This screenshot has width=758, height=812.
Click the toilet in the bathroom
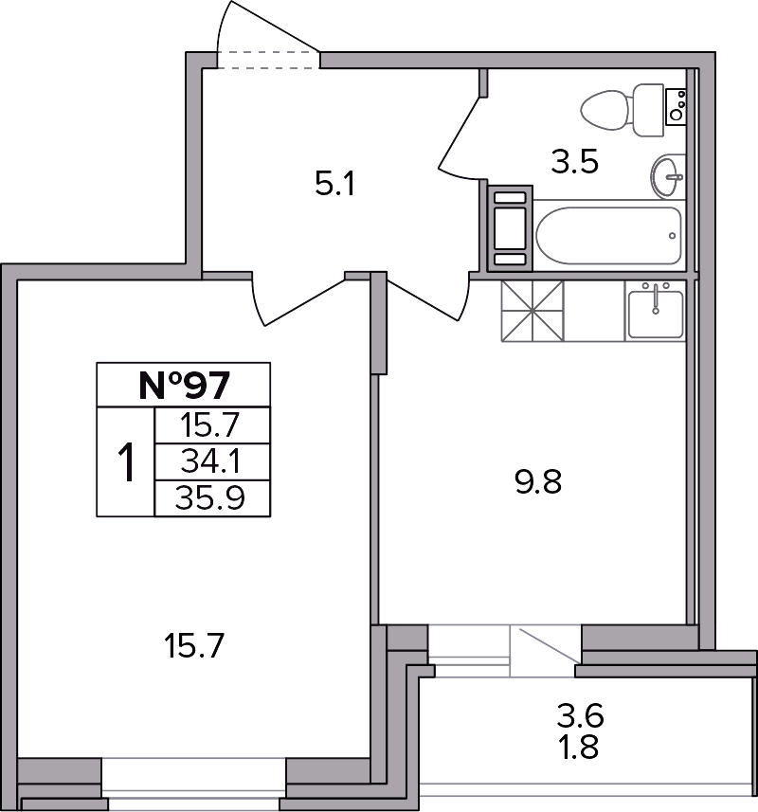(623, 110)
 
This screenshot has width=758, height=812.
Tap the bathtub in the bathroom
(609, 236)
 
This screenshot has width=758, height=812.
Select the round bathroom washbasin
(668, 176)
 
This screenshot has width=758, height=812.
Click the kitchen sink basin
(656, 315)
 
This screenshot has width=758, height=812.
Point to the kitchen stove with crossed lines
(532, 311)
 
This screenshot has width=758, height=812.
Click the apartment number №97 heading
(184, 385)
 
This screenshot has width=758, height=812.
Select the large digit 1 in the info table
(126, 462)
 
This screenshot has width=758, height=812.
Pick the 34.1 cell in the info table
(210, 461)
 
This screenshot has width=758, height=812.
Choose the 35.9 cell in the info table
(209, 498)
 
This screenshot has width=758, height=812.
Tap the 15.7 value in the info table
(210, 425)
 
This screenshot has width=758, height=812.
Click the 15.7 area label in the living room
(193, 646)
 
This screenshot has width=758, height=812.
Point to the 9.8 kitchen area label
(538, 481)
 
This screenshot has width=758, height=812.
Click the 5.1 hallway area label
(335, 184)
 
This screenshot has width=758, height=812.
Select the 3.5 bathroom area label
(575, 161)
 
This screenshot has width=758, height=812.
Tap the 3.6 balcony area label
(581, 716)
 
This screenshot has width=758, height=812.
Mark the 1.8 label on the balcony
(579, 748)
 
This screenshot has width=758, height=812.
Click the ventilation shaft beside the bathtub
(510, 228)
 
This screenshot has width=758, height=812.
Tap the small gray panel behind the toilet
(677, 107)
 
